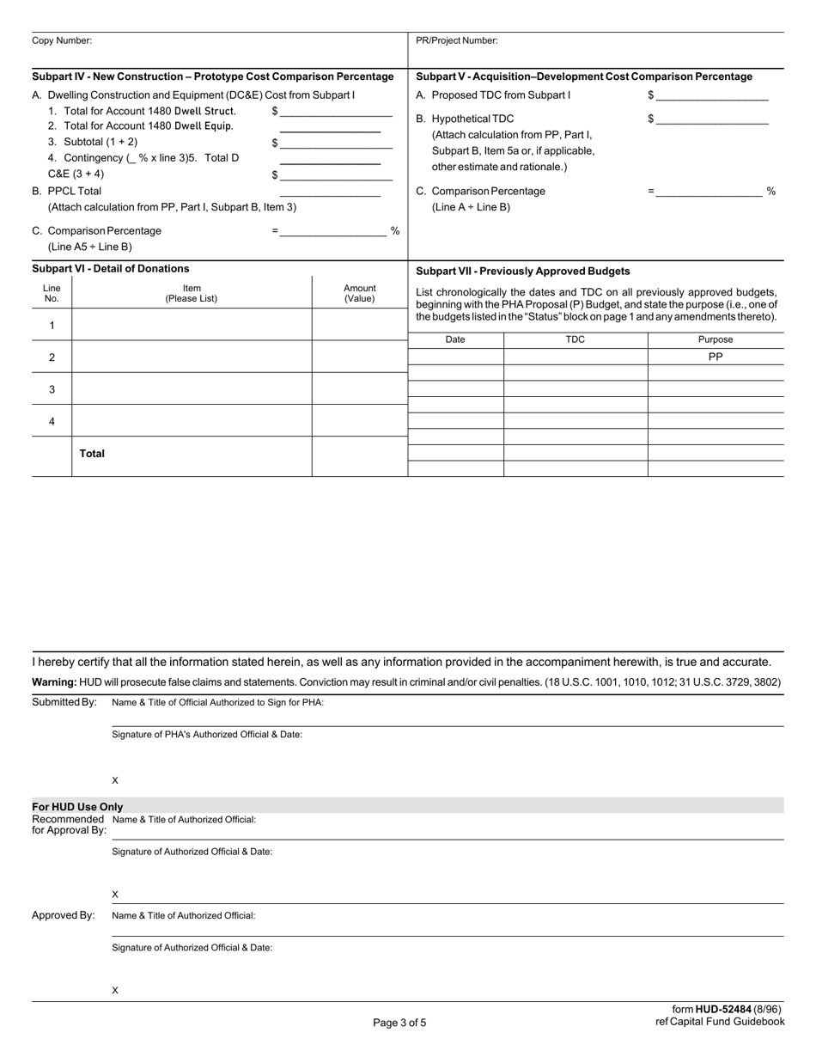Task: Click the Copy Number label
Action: click(x=62, y=40)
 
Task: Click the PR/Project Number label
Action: click(x=456, y=40)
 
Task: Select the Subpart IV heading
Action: click(x=213, y=76)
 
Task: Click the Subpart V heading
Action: click(x=583, y=76)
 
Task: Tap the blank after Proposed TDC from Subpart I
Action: click(x=711, y=95)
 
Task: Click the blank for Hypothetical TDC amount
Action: click(x=711, y=119)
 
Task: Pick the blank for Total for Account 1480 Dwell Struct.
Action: click(x=336, y=112)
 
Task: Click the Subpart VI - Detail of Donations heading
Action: click(x=110, y=269)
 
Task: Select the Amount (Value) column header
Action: click(x=359, y=293)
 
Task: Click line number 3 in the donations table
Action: click(x=52, y=389)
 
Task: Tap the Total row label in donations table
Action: click(x=92, y=454)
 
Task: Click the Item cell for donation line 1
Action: click(x=192, y=325)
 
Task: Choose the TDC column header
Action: click(x=575, y=339)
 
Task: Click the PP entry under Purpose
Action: click(x=715, y=357)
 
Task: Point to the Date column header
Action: click(x=455, y=339)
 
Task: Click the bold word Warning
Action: click(x=53, y=682)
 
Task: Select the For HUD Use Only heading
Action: click(x=77, y=807)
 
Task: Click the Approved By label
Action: click(x=63, y=915)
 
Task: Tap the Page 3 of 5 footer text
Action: click(x=399, y=1023)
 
